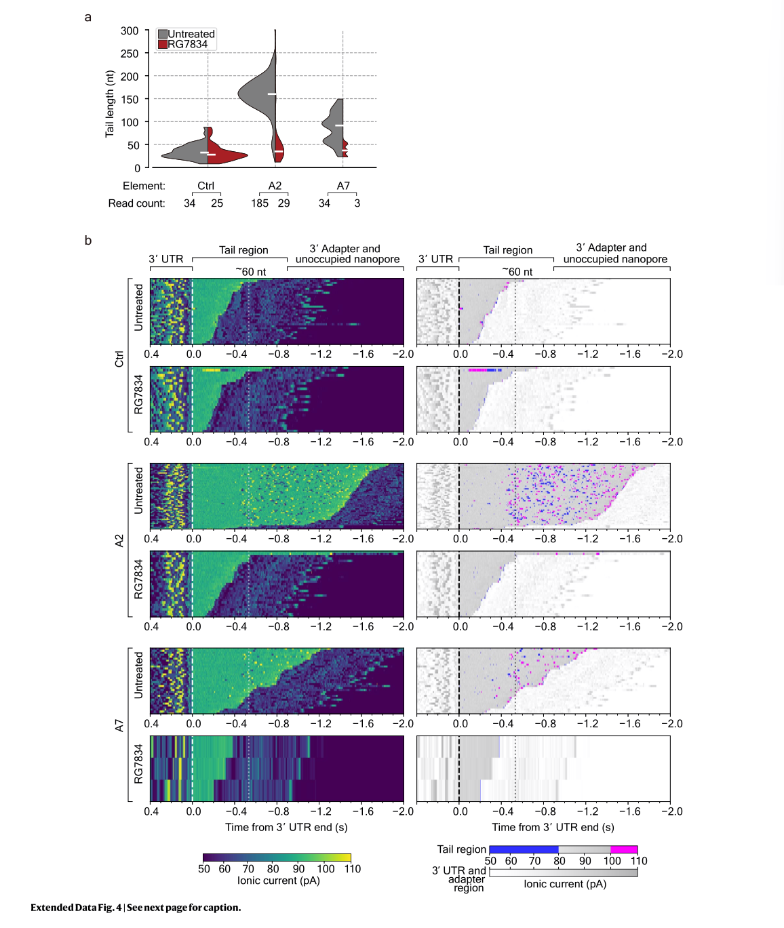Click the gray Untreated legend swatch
click(x=163, y=34)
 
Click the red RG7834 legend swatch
click(x=163, y=44)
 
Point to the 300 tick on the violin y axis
click(x=130, y=31)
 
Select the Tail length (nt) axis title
click(x=109, y=104)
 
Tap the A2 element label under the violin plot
click(x=275, y=186)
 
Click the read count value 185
click(x=260, y=203)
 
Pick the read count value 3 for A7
click(x=357, y=203)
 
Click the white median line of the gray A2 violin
click(x=271, y=94)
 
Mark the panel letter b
click(x=88, y=241)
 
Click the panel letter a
click(x=87, y=17)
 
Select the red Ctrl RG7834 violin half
click(x=224, y=154)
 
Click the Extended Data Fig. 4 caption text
click(x=136, y=908)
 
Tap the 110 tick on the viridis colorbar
click(x=352, y=869)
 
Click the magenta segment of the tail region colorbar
click(x=624, y=849)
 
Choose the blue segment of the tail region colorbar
click(x=523, y=849)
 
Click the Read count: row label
click(x=136, y=203)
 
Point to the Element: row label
click(x=144, y=186)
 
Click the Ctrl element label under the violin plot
click(x=205, y=186)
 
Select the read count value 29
click(x=284, y=203)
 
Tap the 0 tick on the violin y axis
click(x=137, y=168)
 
